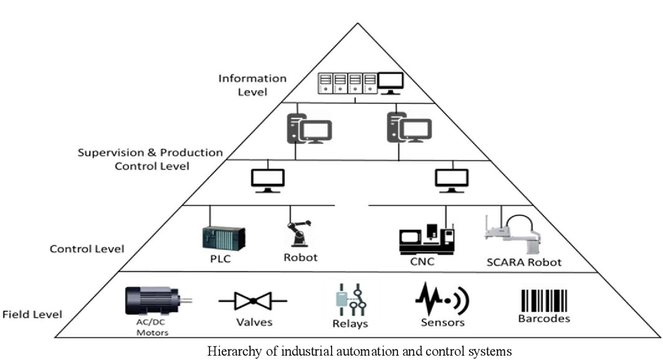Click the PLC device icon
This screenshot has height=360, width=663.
(223, 237)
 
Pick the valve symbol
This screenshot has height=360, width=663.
(253, 301)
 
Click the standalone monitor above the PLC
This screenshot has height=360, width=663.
(268, 179)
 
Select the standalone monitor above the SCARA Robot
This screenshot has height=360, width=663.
(451, 179)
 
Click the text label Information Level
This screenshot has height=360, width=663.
(252, 85)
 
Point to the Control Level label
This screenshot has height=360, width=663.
(87, 249)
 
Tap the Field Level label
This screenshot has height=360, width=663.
(32, 314)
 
